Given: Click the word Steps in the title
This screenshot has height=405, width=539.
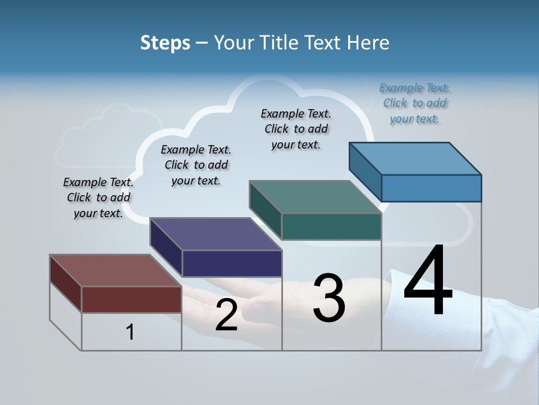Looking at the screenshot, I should pyautogui.click(x=165, y=43).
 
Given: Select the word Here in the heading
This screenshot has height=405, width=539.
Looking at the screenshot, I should pyautogui.click(x=368, y=43).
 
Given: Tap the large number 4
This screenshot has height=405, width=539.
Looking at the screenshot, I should pyautogui.click(x=428, y=281).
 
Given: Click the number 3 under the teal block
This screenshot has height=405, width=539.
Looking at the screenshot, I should pyautogui.click(x=329, y=298).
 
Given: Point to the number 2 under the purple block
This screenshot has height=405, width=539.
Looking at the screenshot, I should pyautogui.click(x=226, y=315).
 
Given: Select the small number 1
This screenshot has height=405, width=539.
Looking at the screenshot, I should pyautogui.click(x=130, y=332).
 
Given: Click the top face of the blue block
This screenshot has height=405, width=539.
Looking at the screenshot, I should pyautogui.click(x=415, y=158).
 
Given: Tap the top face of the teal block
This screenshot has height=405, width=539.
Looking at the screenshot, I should pyautogui.click(x=315, y=197).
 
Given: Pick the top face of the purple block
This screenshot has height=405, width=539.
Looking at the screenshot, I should pyautogui.click(x=216, y=234).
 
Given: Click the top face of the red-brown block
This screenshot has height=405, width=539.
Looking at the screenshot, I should pyautogui.click(x=115, y=271).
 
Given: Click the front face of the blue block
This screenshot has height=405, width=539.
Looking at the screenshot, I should pyautogui.click(x=431, y=188).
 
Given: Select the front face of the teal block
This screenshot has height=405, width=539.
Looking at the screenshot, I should pyautogui.click(x=331, y=226).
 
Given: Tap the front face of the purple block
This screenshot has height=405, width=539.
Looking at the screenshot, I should pyautogui.click(x=232, y=263).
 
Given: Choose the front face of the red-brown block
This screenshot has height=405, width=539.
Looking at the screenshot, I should pyautogui.click(x=131, y=299).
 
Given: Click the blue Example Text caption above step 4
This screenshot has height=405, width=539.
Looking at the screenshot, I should pyautogui.click(x=415, y=103).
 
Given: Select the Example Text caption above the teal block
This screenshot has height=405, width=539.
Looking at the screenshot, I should pyautogui.click(x=296, y=129).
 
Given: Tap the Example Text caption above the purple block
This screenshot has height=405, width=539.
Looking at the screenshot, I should pyautogui.click(x=196, y=165).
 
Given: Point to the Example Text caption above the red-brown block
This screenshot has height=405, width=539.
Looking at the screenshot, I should pyautogui.click(x=98, y=197).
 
